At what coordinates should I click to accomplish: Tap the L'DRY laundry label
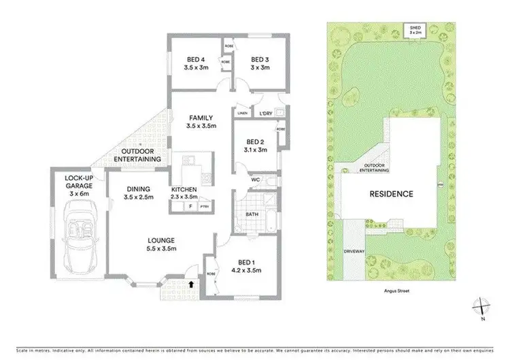click(x=265, y=113)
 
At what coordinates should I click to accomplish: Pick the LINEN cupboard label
click(x=242, y=113)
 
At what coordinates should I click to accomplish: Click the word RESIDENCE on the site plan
click(x=391, y=194)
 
